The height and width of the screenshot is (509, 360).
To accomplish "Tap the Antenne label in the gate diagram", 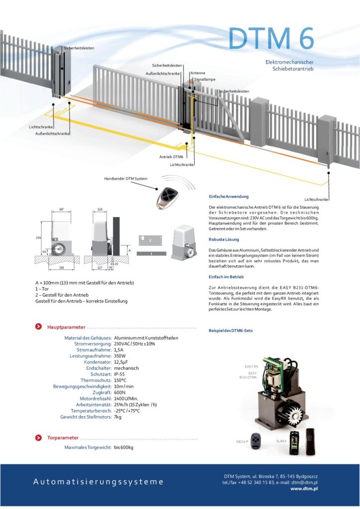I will (197, 73).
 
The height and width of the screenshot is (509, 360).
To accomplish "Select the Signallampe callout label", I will (205, 79).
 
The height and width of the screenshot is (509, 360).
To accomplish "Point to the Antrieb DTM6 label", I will (171, 157).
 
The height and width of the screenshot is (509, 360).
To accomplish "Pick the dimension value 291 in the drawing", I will (39, 238).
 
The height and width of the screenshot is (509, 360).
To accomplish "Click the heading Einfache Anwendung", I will (228, 196).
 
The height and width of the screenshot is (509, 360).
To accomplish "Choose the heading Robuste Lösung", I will (224, 240).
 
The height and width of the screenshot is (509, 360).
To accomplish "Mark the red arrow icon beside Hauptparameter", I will (38, 327).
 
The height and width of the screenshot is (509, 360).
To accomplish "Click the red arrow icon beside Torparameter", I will (38, 437).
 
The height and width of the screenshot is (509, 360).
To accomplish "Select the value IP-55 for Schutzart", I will (119, 374).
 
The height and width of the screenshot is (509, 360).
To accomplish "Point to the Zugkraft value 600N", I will (120, 392).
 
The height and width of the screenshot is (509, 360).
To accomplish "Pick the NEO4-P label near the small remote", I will (242, 441).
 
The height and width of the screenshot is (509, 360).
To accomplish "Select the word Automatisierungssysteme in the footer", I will (98, 482).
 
